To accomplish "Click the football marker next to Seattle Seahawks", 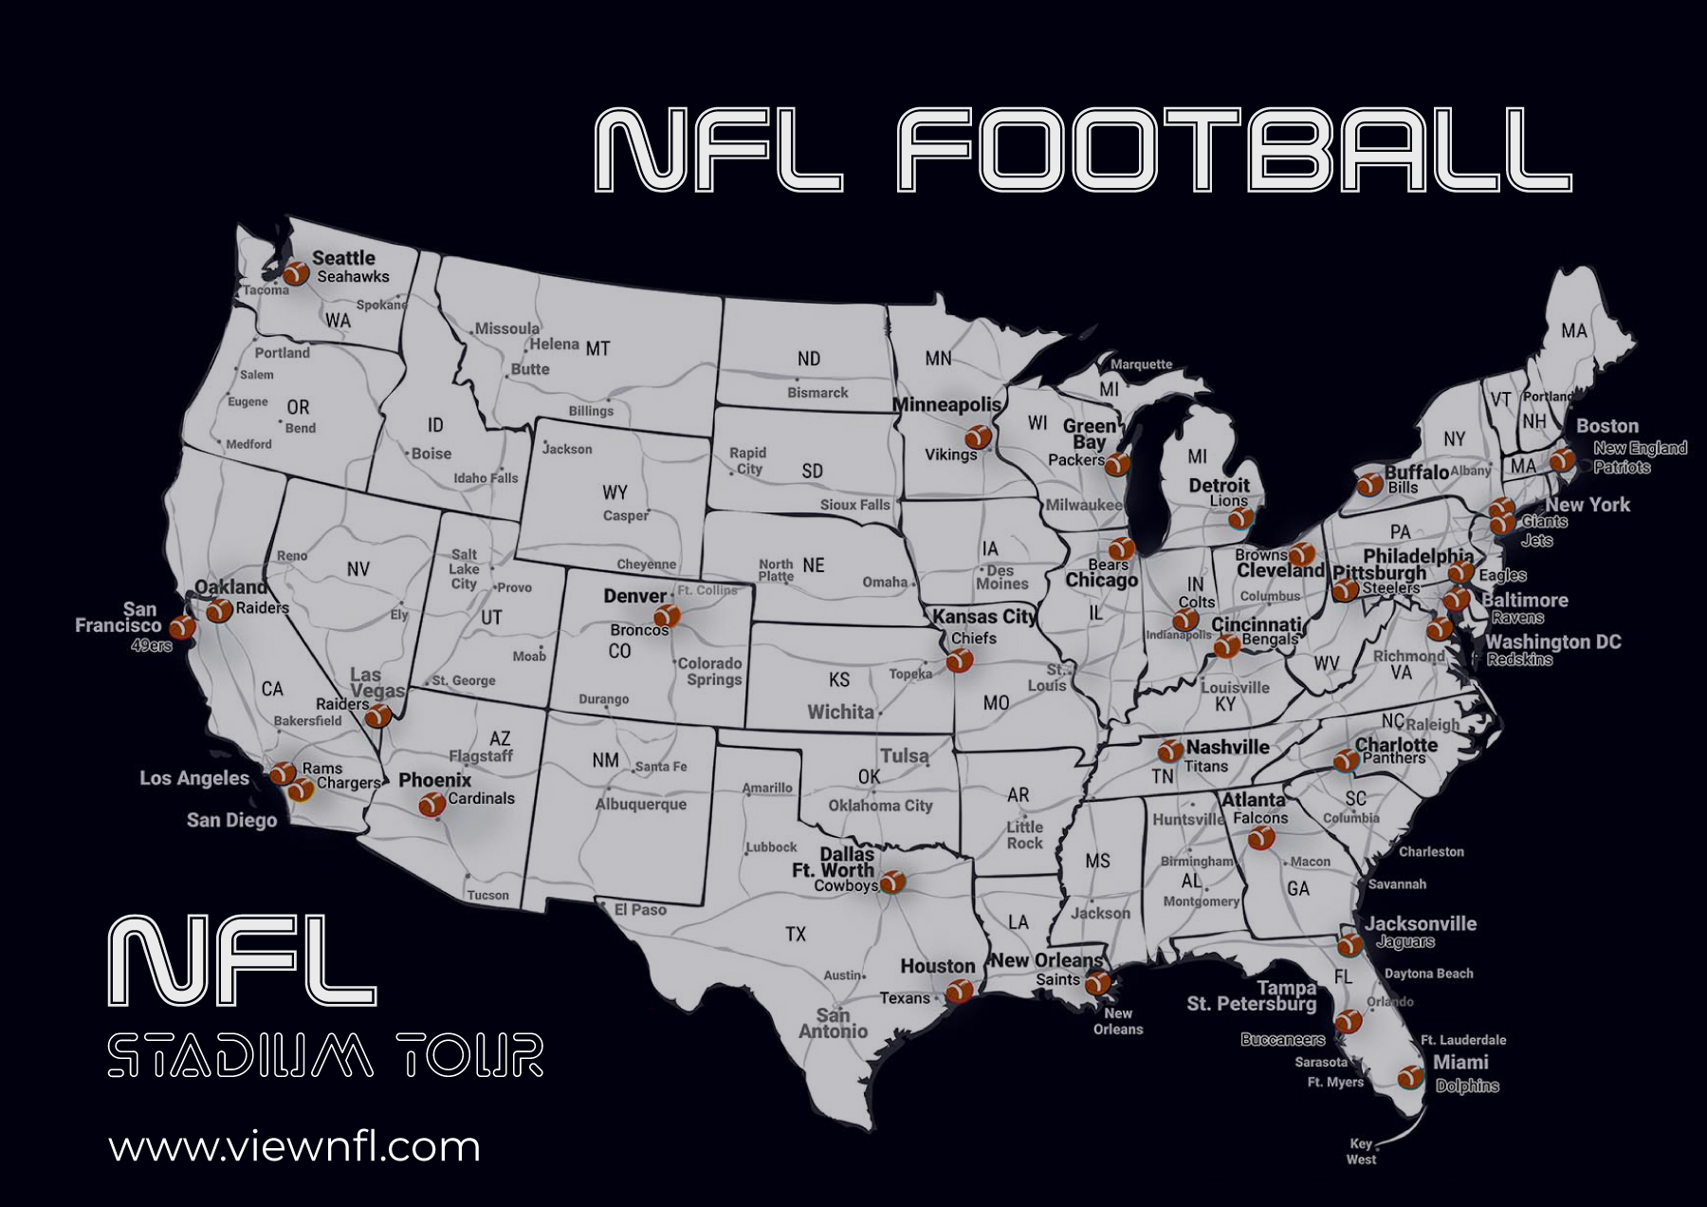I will click(296, 273).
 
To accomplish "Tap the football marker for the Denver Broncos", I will click(668, 616).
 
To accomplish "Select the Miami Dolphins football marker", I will click(1410, 1076).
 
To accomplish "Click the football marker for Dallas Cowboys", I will click(891, 882).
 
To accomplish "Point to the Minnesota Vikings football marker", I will click(978, 436).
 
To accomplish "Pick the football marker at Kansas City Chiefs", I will click(960, 659).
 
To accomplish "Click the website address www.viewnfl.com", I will click(294, 1147).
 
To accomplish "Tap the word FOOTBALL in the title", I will click(1233, 150).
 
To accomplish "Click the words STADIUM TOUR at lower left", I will click(325, 1055).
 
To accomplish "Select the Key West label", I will click(1361, 1151).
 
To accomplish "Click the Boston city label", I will click(1606, 426).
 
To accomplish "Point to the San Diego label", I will click(231, 820).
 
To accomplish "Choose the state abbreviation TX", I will click(796, 935).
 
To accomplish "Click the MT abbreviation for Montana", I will click(597, 348).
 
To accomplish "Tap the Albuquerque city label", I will click(640, 805).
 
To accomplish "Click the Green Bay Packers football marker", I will click(1117, 464).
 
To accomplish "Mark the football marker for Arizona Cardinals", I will click(431, 805).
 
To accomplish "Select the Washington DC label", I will click(1552, 642).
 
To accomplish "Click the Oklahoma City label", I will click(880, 806).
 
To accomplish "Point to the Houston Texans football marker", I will click(959, 992).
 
